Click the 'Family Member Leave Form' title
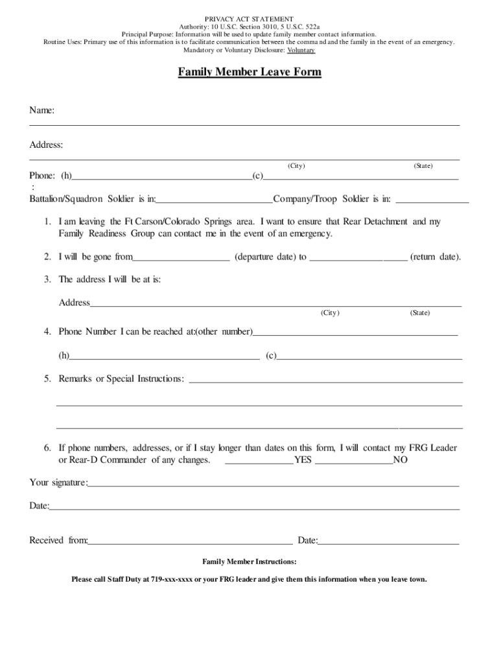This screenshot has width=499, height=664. pos(250,72)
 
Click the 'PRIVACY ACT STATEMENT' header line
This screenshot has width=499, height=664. pos(250,19)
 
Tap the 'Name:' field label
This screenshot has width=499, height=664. pos(41,111)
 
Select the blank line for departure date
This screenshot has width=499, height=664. pos(181,257)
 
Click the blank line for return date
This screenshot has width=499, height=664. pos(358,257)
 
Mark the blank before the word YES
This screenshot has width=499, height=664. pos(259,461)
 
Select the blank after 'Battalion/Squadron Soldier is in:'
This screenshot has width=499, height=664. pos(215,199)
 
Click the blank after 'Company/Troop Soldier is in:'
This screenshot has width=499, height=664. pos(432,199)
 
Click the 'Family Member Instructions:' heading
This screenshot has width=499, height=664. pos(250,562)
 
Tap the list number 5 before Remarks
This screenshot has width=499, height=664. pos(47,379)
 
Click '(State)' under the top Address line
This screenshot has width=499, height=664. pos(423,166)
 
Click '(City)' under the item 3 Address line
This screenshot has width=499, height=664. pos(329,313)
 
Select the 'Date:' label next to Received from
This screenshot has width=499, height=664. pos(307,540)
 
